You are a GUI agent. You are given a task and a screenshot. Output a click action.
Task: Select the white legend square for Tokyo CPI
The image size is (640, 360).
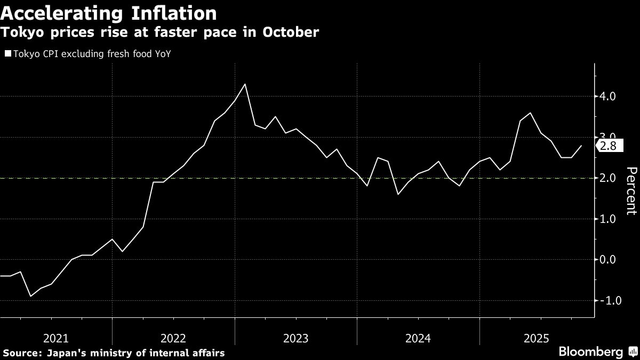point(7,53)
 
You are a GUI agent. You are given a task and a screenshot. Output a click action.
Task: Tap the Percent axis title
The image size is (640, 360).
point(631,190)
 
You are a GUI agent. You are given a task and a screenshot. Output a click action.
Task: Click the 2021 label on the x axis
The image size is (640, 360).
point(55,338)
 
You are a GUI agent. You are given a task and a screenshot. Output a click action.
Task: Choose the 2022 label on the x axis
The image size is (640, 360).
point(173,338)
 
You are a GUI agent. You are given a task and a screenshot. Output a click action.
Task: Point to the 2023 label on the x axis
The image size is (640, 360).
point(295,338)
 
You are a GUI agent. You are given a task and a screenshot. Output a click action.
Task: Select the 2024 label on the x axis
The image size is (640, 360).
point(418,338)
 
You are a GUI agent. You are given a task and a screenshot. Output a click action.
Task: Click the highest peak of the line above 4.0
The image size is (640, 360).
point(245,84)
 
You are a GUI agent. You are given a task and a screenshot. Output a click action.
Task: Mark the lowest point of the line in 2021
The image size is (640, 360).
point(30,296)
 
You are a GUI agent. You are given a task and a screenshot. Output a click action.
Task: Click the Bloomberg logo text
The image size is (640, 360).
point(590,352)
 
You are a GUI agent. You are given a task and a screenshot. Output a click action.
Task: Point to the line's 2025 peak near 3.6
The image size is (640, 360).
point(530,113)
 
